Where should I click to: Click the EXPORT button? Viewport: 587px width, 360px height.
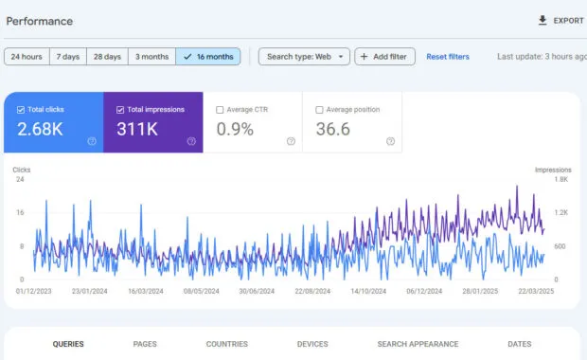click(560, 20)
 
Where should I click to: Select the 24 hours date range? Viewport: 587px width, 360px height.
click(27, 57)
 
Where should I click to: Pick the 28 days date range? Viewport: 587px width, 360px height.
click(107, 57)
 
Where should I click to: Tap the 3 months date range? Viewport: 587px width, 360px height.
click(151, 57)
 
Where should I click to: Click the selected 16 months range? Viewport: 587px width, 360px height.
click(207, 57)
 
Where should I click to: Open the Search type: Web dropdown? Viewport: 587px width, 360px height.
click(304, 57)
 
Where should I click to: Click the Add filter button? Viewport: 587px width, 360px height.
click(384, 57)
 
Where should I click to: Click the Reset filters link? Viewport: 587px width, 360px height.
click(448, 57)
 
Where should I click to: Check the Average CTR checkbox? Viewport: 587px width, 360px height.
click(221, 110)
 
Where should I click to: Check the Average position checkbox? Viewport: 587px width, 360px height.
click(319, 110)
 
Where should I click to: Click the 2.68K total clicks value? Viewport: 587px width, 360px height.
click(40, 129)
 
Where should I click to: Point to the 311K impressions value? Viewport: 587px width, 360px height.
click(136, 129)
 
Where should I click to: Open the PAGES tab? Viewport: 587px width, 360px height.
click(145, 344)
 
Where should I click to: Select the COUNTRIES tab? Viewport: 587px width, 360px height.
click(226, 344)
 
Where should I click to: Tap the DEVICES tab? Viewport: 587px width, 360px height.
click(312, 344)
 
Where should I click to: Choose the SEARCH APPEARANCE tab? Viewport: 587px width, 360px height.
click(418, 344)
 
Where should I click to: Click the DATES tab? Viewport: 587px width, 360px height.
click(520, 344)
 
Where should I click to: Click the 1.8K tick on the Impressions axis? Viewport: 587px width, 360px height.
click(561, 179)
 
